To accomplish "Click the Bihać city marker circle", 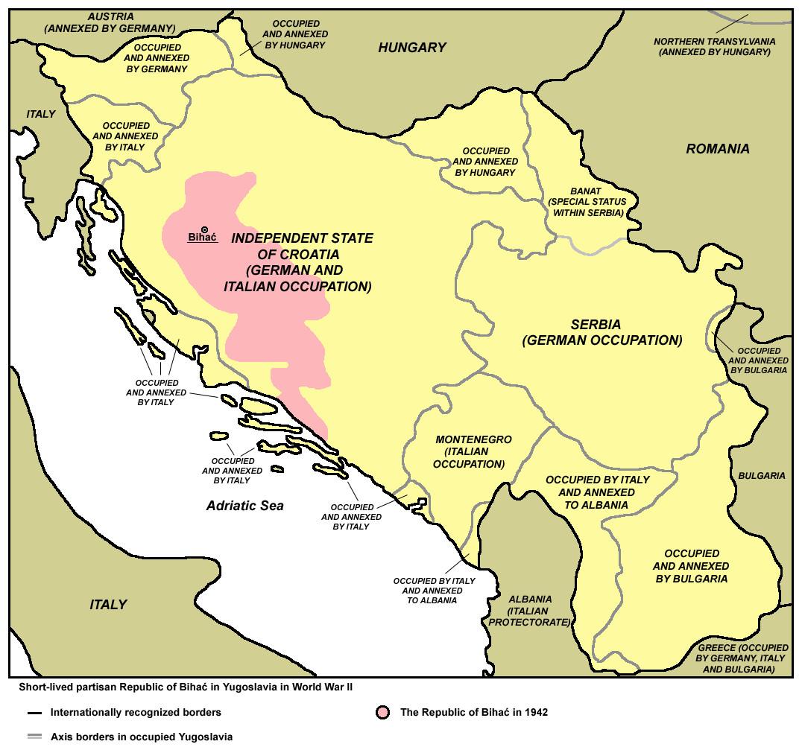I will pyautogui.click(x=204, y=229).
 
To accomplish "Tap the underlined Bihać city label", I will pyautogui.click(x=201, y=238).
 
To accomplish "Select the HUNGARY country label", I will pyautogui.click(x=411, y=48).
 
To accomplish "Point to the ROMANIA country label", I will pyautogui.click(x=717, y=149).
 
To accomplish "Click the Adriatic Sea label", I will pyautogui.click(x=244, y=506).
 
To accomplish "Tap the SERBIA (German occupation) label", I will pyautogui.click(x=601, y=333).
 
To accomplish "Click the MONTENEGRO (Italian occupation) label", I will pyautogui.click(x=473, y=451).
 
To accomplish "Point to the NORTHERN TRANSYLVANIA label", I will pyautogui.click(x=714, y=46).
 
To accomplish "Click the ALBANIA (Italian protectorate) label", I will pyautogui.click(x=530, y=610).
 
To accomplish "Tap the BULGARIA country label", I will pyautogui.click(x=761, y=475).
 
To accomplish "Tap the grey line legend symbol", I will pyautogui.click(x=34, y=737).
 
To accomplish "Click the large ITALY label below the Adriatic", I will pyautogui.click(x=108, y=604).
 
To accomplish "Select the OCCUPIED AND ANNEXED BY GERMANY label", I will pyautogui.click(x=156, y=57).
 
